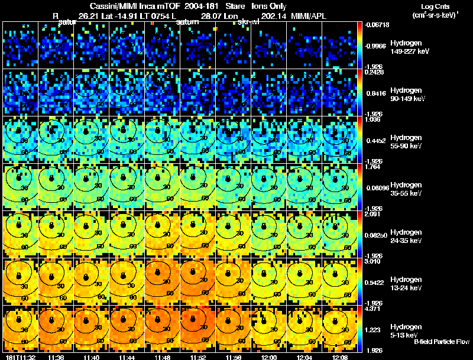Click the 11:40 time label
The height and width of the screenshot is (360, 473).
(x=92, y=356)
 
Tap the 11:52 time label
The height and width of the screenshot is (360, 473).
(x=199, y=356)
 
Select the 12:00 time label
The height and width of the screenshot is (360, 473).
(x=269, y=356)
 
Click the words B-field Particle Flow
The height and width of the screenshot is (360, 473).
(x=442, y=342)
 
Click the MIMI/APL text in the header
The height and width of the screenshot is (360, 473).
(x=307, y=17)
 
